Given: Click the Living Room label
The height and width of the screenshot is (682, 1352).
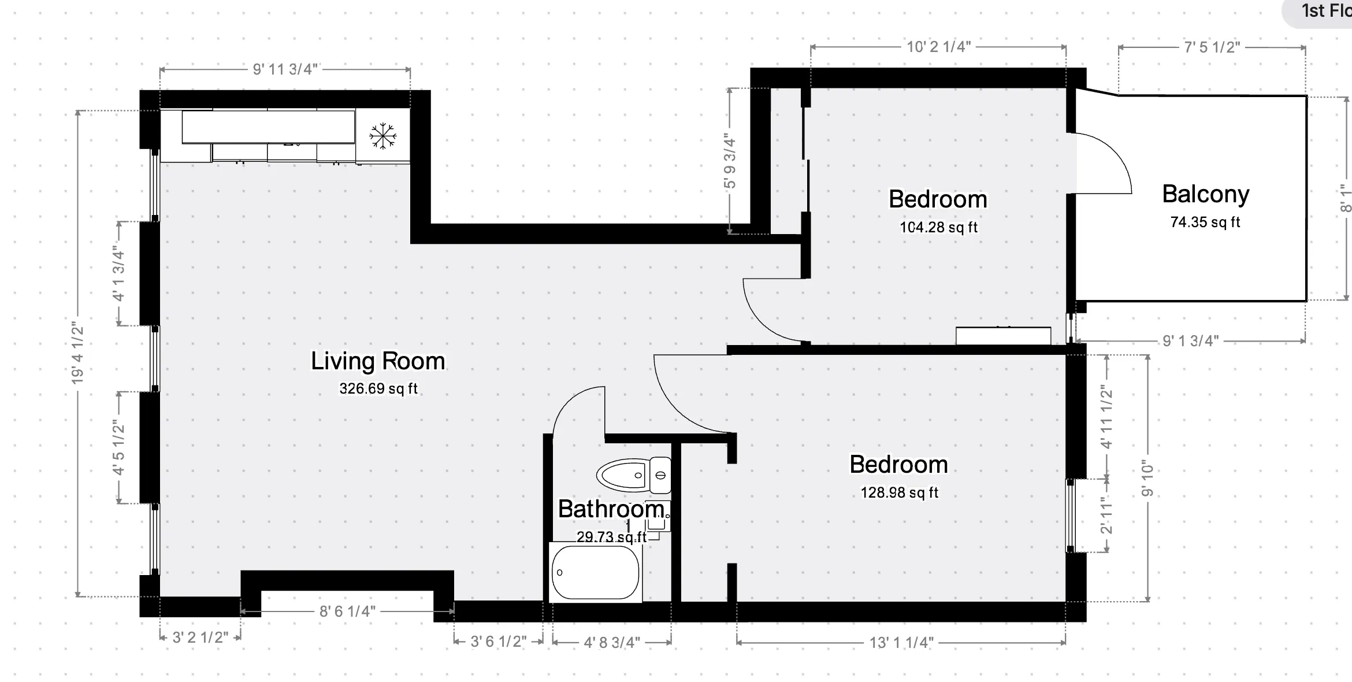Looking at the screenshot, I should click(x=378, y=361).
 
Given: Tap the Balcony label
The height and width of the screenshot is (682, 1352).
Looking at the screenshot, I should click(x=1205, y=194).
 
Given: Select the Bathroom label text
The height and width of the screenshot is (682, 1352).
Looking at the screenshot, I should click(x=611, y=509).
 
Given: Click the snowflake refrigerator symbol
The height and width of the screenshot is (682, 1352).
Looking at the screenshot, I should click(x=382, y=136).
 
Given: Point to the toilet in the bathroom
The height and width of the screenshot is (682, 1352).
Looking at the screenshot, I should click(x=633, y=475).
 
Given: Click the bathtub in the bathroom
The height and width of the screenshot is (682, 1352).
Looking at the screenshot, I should click(x=595, y=572).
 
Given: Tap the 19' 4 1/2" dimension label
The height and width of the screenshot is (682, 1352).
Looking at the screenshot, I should click(x=77, y=354).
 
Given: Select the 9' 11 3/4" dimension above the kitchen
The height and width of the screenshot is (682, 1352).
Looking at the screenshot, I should click(x=285, y=69).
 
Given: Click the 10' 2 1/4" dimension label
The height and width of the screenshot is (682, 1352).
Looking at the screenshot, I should click(x=938, y=47).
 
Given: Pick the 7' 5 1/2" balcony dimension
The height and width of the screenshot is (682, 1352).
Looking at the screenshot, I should click(x=1212, y=47).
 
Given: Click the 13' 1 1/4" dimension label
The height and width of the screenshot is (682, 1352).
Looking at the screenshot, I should click(x=901, y=643).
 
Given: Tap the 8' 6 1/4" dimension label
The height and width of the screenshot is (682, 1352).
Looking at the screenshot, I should click(x=347, y=611).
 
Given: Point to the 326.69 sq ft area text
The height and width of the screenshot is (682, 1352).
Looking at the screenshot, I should click(x=378, y=388).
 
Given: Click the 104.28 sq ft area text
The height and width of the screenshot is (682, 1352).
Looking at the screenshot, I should click(x=938, y=228).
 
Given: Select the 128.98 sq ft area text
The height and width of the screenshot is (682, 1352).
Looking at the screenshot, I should click(x=899, y=492).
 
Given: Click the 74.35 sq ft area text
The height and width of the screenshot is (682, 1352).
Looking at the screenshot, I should click(x=1205, y=223).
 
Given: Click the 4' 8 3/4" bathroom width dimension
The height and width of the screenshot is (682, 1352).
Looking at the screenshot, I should click(x=612, y=643).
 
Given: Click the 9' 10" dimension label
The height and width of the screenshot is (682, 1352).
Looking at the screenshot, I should click(x=1147, y=479).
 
